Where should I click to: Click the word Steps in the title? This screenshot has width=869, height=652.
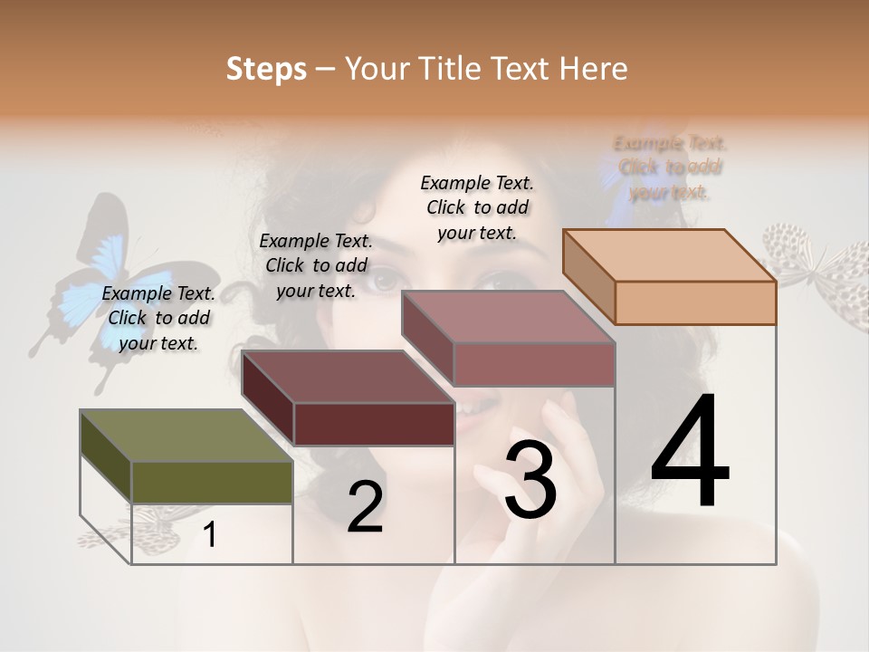[x=266, y=69]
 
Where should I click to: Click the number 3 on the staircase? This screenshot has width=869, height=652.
[x=530, y=480]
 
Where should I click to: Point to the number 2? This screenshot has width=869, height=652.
[x=365, y=507]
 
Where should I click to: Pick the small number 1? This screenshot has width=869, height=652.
[x=210, y=534]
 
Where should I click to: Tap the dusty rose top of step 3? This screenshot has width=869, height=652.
[x=507, y=317]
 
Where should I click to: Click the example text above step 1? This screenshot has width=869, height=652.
[x=158, y=318]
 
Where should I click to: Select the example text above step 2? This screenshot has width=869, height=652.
[x=316, y=265]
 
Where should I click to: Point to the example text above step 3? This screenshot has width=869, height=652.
[x=477, y=207]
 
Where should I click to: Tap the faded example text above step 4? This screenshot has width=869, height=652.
[x=670, y=168]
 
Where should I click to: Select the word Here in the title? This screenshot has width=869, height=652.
[x=593, y=69]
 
